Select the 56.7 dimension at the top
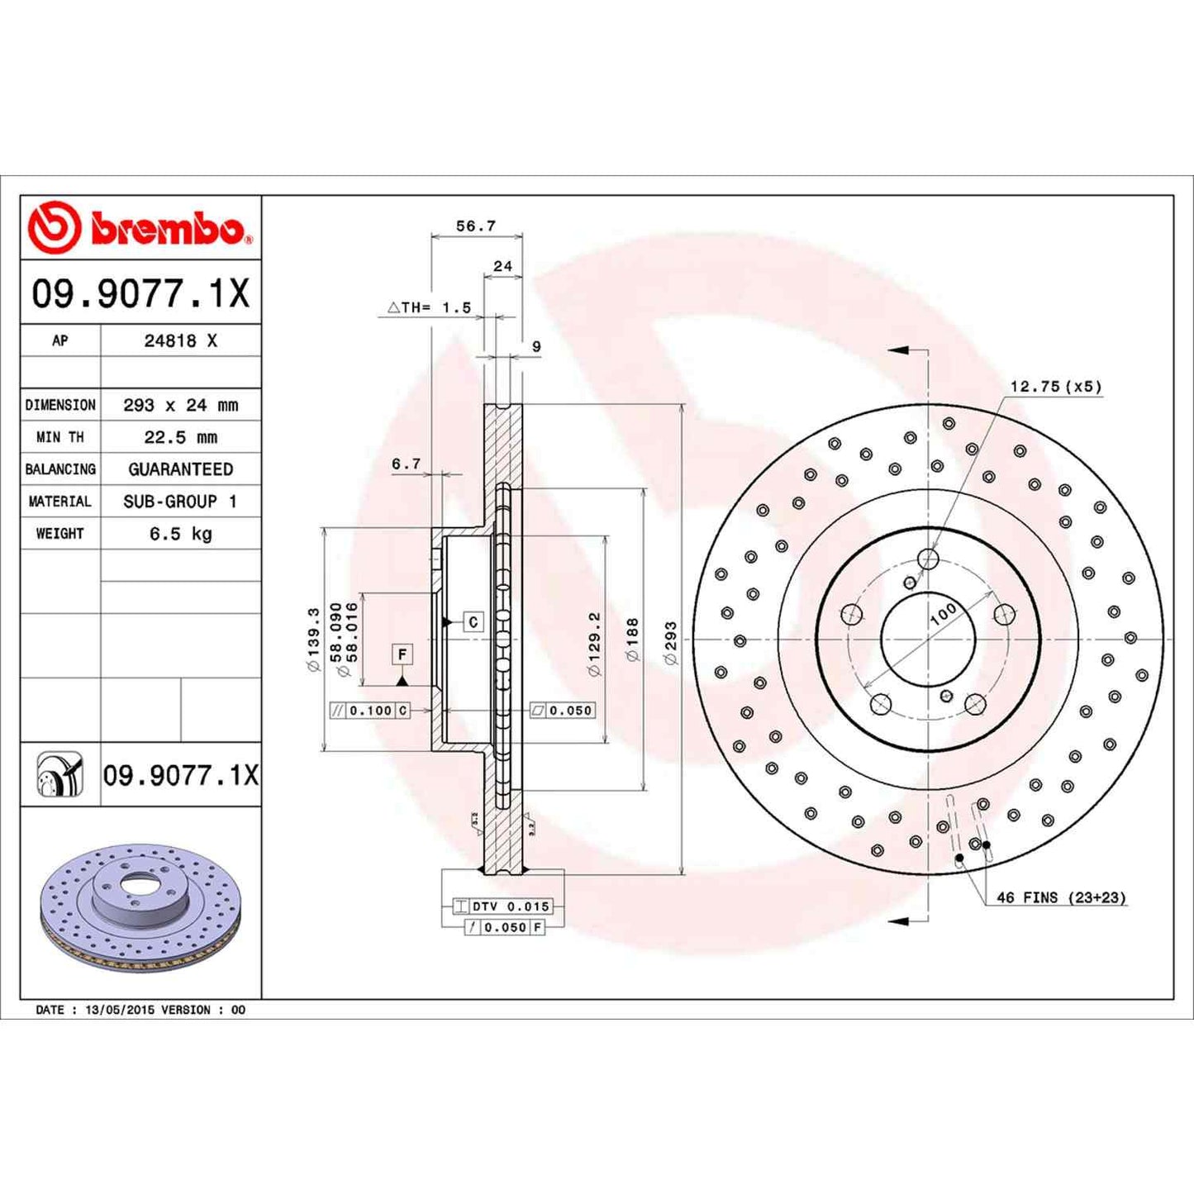pos(476,226)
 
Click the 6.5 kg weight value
pos(180,534)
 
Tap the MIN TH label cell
pos(60,437)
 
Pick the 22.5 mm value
pos(180,437)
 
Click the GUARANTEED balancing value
pos(180,469)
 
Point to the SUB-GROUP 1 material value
pos(180,502)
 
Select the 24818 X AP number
pos(180,340)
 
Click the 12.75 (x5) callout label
pos(1055,387)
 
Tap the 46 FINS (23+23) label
pos(1061,897)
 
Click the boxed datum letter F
pos(402,654)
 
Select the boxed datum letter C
pos(473,621)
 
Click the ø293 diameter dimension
pos(670,643)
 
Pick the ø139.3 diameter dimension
pos(313,640)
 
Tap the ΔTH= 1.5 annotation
pos(430,307)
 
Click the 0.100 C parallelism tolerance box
pos(369,711)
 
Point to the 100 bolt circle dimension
pos(942,614)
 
